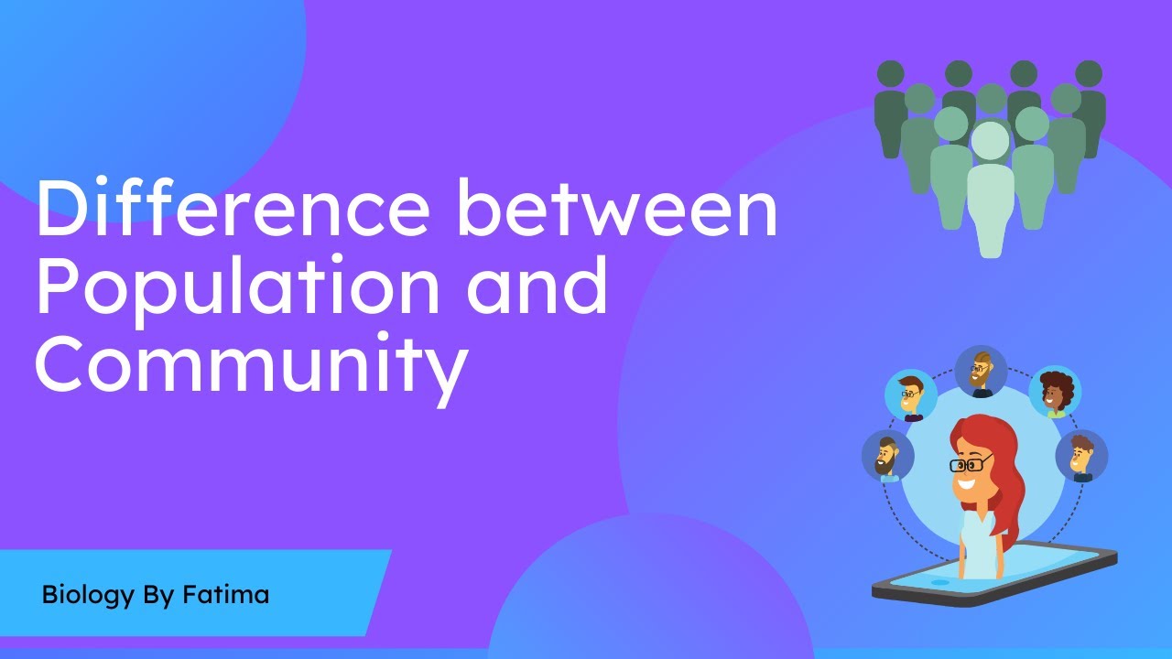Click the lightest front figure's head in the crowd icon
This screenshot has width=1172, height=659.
(x=990, y=142)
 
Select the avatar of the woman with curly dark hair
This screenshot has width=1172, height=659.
(x=1056, y=393)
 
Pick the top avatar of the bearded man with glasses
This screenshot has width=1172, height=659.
(x=981, y=371)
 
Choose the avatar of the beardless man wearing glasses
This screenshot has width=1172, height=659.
(x=910, y=396)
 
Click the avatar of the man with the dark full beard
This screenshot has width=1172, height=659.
(x=887, y=456)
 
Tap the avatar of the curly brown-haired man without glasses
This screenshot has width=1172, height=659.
(x=1082, y=456)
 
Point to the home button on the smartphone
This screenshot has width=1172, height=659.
(x=939, y=582)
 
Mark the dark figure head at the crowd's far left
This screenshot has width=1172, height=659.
(x=890, y=74)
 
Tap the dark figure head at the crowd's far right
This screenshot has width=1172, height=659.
(x=1089, y=74)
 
